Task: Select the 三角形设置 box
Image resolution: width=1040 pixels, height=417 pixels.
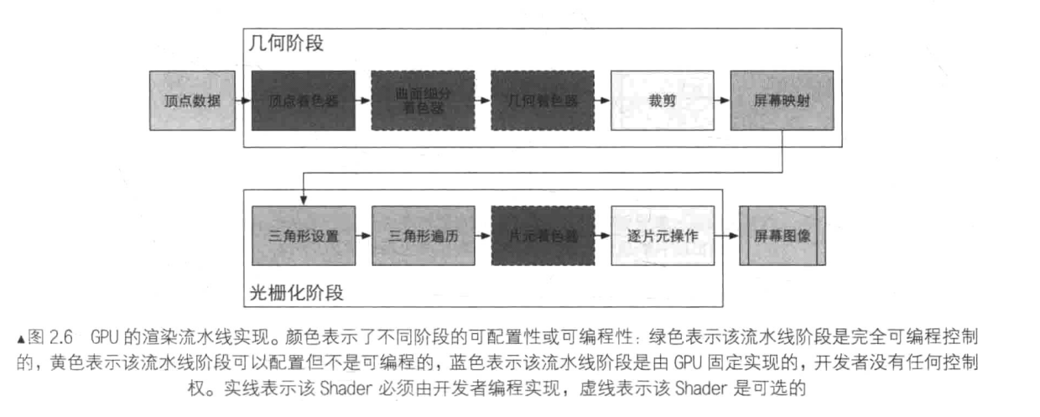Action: point(303,236)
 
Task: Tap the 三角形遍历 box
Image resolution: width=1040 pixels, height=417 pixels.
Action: point(423,236)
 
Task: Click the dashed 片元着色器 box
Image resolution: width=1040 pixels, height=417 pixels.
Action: point(543,236)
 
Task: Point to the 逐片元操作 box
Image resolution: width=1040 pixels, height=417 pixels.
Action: point(662,236)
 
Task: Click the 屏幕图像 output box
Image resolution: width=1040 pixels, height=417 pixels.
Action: point(782,236)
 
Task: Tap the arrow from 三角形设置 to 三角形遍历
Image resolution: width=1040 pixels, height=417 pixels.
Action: point(362,236)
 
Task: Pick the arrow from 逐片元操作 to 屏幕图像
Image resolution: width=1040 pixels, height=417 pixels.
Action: point(727,236)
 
